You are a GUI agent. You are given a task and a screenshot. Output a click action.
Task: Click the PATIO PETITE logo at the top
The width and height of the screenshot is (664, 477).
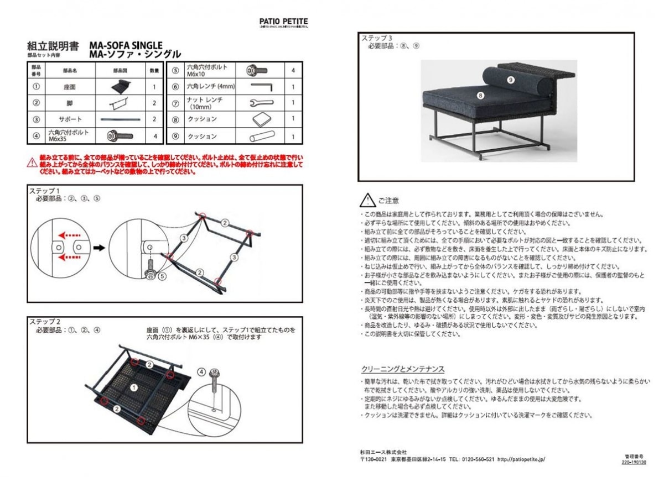[x=283, y=22]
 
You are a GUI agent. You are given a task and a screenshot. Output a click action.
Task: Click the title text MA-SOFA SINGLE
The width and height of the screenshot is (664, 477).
[x=126, y=45]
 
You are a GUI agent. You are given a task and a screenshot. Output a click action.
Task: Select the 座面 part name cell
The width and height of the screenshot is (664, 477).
[x=70, y=87]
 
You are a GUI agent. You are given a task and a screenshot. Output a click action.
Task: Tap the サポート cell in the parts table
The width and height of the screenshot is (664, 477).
[x=70, y=119]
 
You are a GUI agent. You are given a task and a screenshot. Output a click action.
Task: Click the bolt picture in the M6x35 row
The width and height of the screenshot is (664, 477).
[x=120, y=135]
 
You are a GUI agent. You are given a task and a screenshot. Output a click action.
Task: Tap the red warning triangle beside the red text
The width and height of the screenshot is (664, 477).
[x=32, y=163]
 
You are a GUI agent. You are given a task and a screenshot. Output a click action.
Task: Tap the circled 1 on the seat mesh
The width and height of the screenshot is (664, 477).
[x=133, y=388]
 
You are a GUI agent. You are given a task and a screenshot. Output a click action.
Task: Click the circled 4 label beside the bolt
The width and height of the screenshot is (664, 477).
[x=201, y=371]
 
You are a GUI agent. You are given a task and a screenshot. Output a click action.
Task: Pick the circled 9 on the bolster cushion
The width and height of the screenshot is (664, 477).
[x=510, y=80]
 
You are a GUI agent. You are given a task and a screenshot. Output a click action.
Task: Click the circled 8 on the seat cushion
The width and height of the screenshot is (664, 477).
[x=480, y=95]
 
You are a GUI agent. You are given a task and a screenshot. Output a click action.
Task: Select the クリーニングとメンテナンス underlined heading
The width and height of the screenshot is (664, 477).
[x=402, y=369]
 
